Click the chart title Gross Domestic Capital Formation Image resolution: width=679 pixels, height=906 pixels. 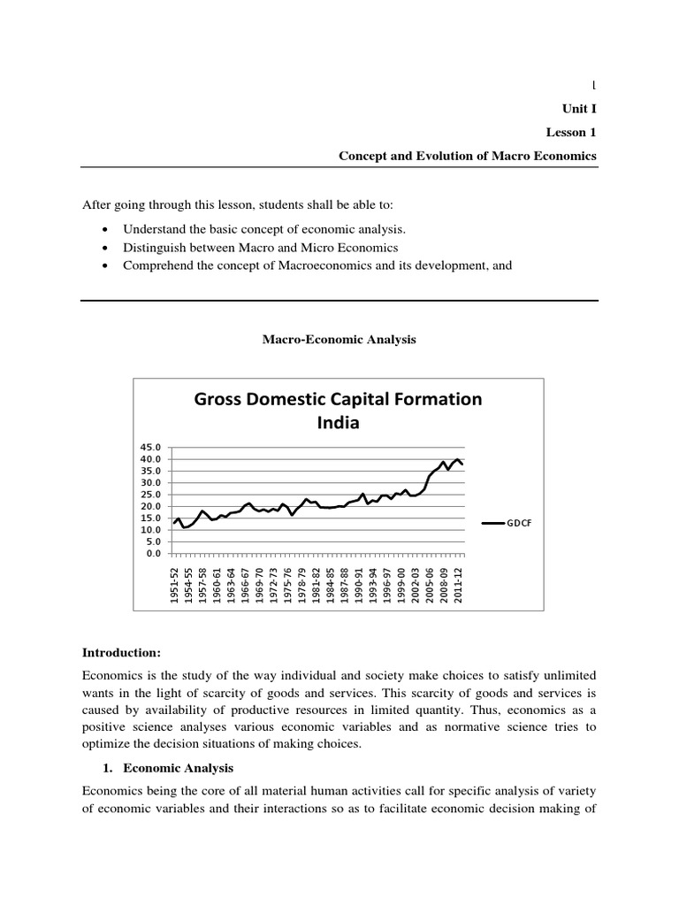[339, 399]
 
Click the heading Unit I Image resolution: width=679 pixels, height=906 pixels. [580, 109]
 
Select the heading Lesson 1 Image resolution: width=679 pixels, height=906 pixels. [572, 132]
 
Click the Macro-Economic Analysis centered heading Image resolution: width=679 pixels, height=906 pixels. [339, 339]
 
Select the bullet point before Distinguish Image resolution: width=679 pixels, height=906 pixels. [107, 248]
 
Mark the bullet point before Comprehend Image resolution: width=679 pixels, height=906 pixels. [107, 265]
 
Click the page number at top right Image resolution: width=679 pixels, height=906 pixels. [593, 86]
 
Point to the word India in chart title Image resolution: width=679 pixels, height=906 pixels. [339, 423]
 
